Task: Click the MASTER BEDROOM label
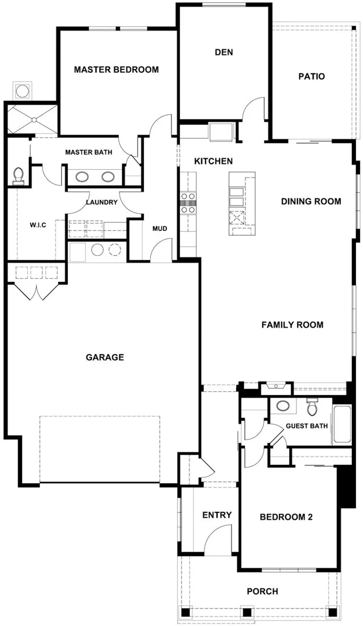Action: (116, 70)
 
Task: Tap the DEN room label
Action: (224, 52)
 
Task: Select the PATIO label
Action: (312, 77)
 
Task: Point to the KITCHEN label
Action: (213, 161)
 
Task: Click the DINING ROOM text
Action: (311, 201)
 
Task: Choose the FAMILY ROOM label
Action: (292, 325)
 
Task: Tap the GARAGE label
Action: (105, 357)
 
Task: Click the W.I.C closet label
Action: (38, 225)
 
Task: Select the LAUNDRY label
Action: (101, 202)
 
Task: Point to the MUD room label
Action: (160, 229)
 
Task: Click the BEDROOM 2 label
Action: (286, 517)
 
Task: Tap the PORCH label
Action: (262, 591)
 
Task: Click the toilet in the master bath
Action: (18, 176)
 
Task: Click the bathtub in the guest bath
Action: (342, 424)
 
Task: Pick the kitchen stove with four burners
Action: (188, 202)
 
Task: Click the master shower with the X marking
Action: (32, 120)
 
